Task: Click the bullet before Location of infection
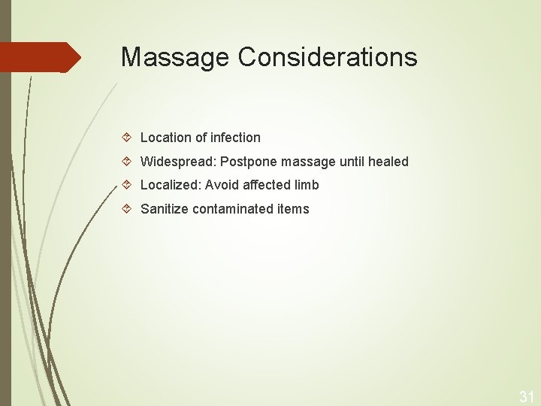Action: [x=128, y=138]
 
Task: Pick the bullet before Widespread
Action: [x=128, y=162]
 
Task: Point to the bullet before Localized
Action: [x=128, y=185]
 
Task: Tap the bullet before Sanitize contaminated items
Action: [x=128, y=209]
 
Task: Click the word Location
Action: [x=165, y=138]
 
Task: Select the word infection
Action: [x=235, y=138]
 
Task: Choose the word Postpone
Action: [x=248, y=162]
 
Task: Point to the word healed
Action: [x=388, y=162]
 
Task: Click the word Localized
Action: [x=170, y=185]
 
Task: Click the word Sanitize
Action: [x=164, y=209]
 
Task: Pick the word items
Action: [x=293, y=209]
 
